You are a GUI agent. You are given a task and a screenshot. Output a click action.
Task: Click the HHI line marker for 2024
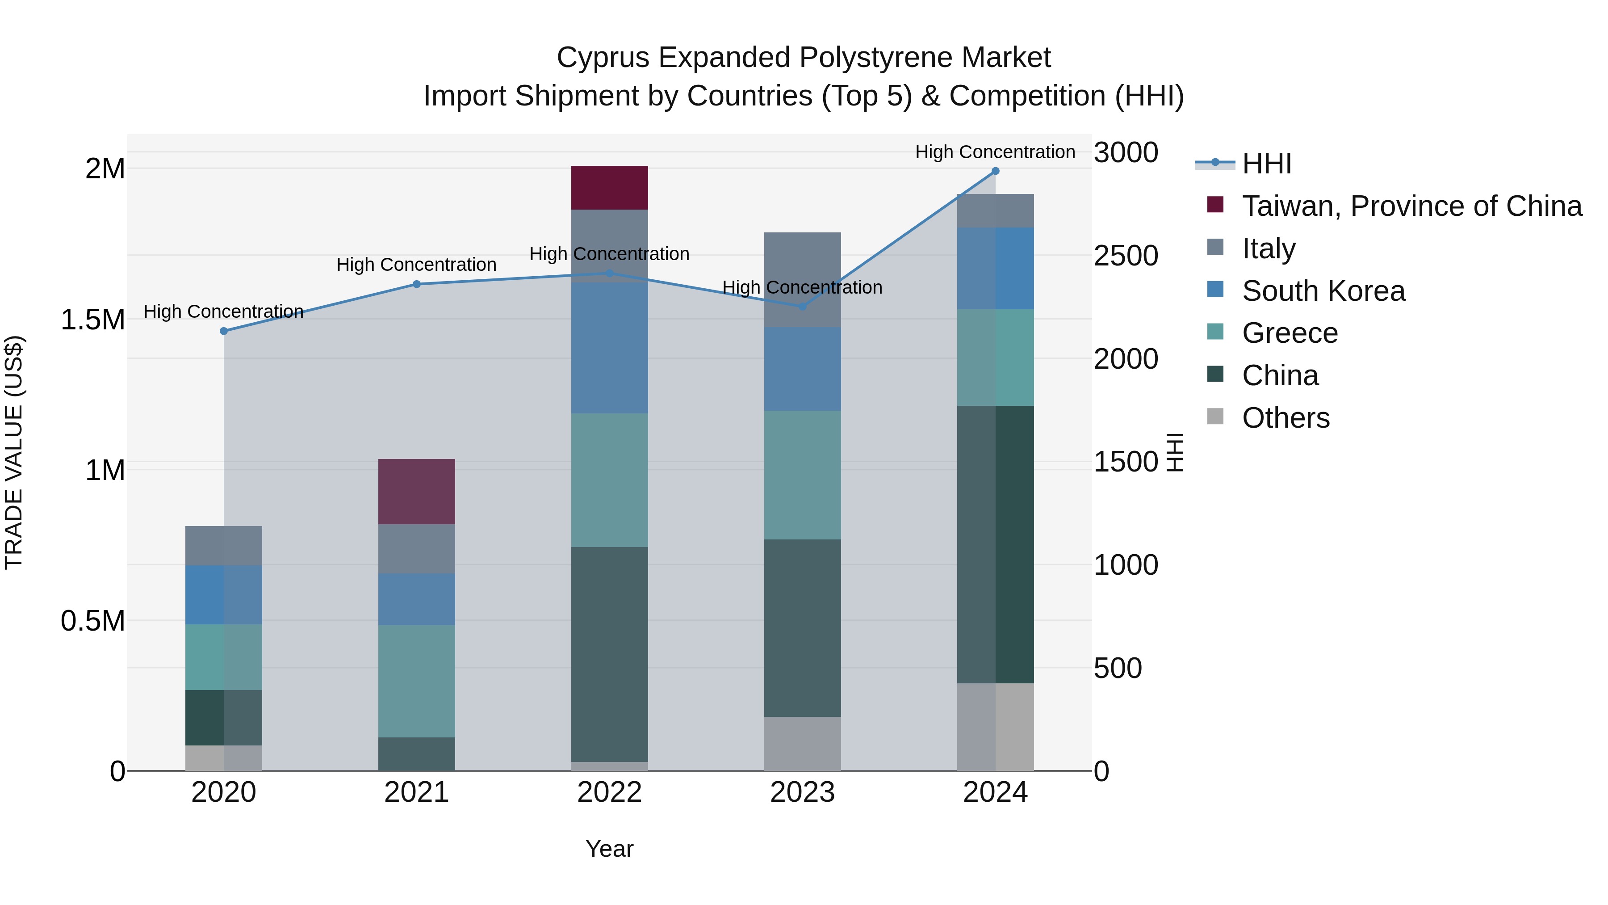click(995, 171)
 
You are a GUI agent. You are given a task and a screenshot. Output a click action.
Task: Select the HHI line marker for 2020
click(224, 331)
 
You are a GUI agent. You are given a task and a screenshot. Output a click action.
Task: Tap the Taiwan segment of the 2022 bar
click(609, 187)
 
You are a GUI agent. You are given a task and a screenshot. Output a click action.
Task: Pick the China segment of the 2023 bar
click(802, 628)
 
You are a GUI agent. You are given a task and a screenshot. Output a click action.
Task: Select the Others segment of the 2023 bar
click(802, 743)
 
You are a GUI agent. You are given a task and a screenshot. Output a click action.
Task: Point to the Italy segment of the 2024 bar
click(995, 210)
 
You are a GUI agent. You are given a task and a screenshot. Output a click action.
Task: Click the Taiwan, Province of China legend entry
click(1411, 206)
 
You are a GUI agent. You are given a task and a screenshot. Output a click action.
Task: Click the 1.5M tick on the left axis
click(92, 320)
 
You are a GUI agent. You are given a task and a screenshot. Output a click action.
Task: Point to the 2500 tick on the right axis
click(1126, 256)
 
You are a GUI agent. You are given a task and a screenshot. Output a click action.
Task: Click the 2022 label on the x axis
click(609, 792)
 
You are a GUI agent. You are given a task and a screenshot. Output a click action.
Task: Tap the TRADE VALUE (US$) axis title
click(14, 452)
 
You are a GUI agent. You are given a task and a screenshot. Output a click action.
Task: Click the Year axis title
click(609, 849)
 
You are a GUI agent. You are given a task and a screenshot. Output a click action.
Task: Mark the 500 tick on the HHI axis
click(1118, 668)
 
